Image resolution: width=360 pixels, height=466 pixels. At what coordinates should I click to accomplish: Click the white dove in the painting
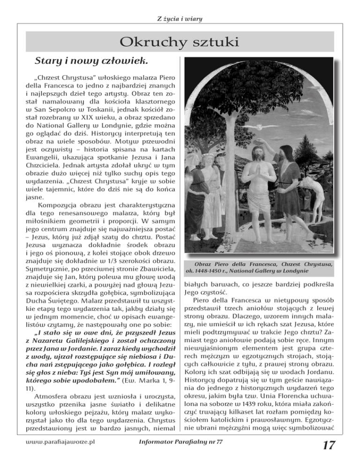259,127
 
